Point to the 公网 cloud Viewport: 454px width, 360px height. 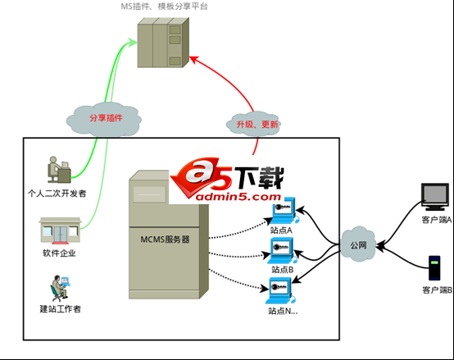coord(357,244)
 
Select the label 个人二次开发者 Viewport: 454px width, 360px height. coord(57,194)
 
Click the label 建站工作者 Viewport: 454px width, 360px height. coord(60,309)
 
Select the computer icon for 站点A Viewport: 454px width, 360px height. coord(282,211)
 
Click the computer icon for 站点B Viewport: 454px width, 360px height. coord(282,250)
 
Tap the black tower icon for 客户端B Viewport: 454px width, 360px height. coord(434,268)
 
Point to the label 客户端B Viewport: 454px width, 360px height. coord(435,290)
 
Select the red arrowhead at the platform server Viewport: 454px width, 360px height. coord(192,58)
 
